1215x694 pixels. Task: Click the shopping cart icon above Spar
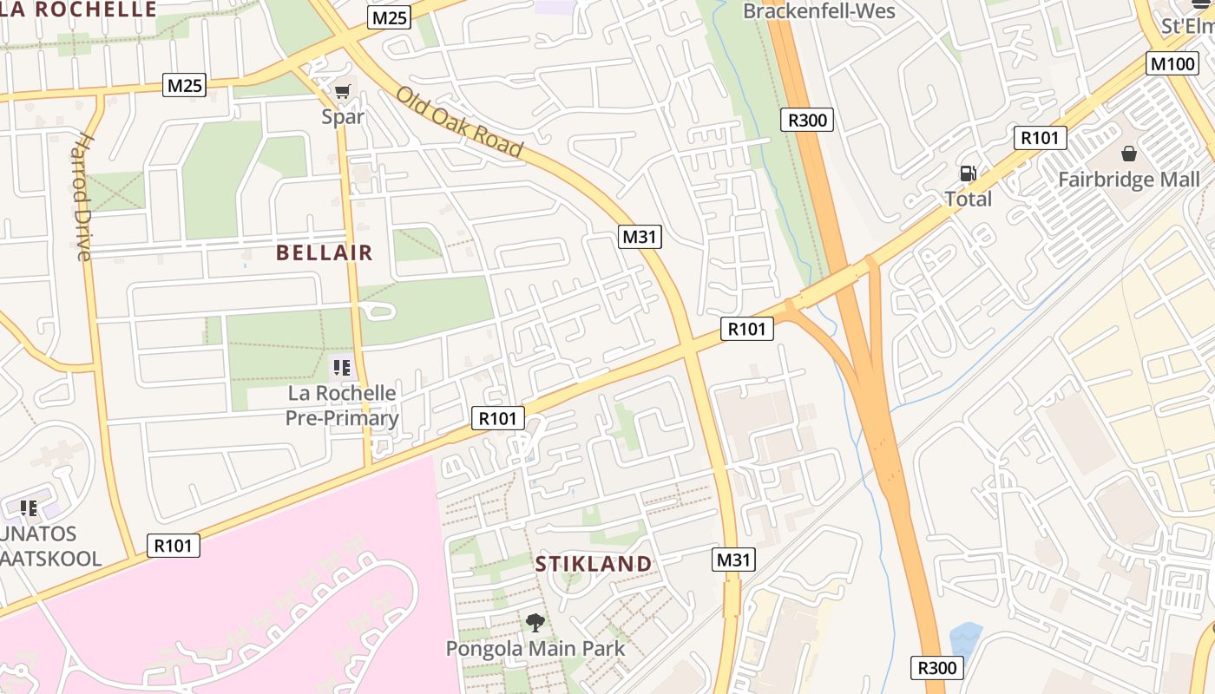click(343, 91)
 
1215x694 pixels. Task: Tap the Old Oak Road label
click(460, 122)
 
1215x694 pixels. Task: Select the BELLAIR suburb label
click(324, 252)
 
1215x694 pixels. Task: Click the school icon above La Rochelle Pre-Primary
click(342, 369)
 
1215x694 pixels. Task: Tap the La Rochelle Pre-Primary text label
click(342, 406)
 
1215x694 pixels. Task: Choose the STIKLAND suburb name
click(593, 564)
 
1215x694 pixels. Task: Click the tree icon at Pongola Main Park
click(535, 622)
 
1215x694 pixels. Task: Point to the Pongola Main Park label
click(535, 648)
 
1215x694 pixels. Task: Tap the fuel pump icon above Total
click(968, 173)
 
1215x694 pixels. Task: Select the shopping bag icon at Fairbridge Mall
click(1129, 154)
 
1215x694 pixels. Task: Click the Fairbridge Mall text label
click(1129, 180)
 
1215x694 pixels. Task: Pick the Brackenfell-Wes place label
click(819, 11)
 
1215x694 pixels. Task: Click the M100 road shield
click(1172, 63)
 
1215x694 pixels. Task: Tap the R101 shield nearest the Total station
click(1040, 137)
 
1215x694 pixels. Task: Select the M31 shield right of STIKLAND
click(733, 560)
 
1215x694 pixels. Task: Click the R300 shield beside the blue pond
click(937, 667)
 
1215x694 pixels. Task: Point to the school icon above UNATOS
click(29, 507)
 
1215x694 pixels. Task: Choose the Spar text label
click(343, 116)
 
